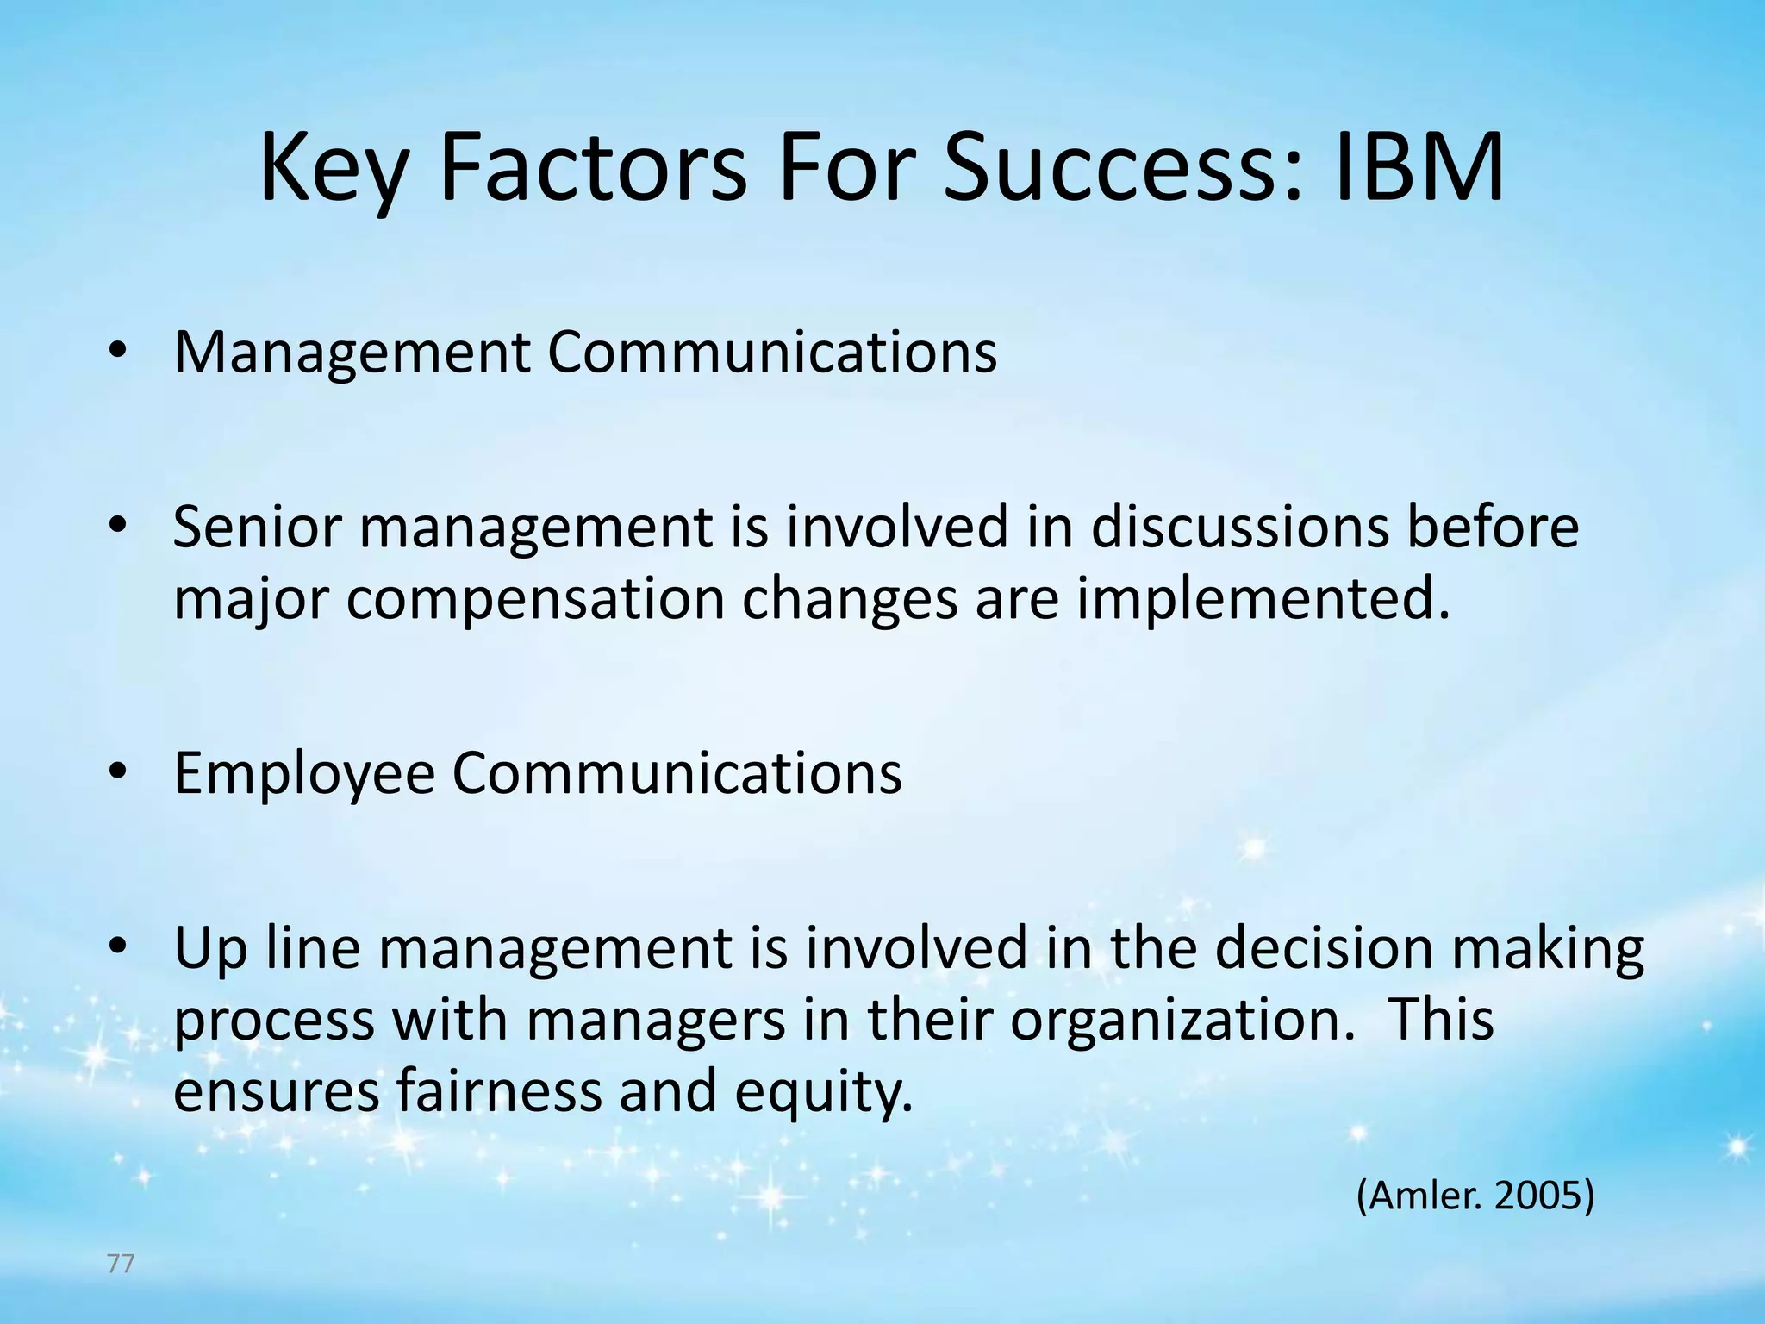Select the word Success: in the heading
(x=1120, y=168)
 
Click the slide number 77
(x=121, y=1265)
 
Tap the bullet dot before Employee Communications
(x=118, y=771)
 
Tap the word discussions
(x=1240, y=527)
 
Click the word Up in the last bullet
(x=210, y=949)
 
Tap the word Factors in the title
(x=593, y=168)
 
